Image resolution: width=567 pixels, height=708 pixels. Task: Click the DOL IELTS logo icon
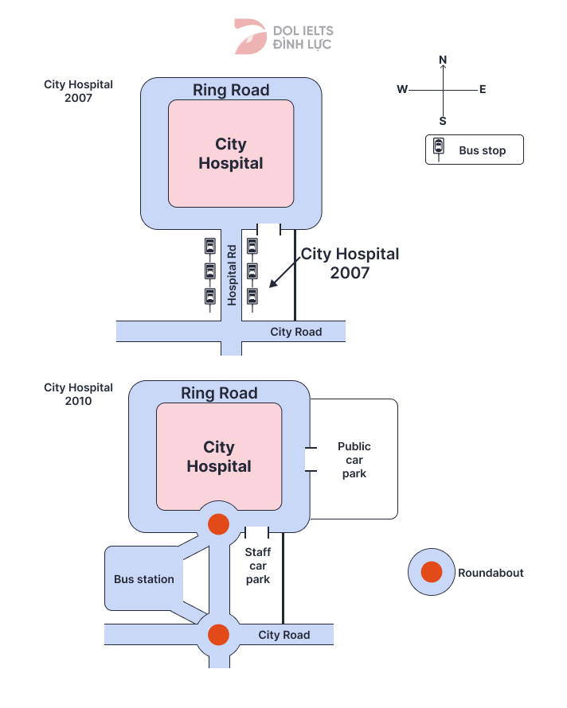pyautogui.click(x=250, y=37)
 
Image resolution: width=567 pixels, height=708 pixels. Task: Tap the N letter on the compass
pyautogui.click(x=444, y=60)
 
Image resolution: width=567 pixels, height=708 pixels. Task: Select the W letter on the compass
pyautogui.click(x=402, y=90)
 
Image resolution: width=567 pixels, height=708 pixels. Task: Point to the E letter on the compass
pyautogui.click(x=483, y=90)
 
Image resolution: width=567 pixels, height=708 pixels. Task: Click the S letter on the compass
pyautogui.click(x=444, y=121)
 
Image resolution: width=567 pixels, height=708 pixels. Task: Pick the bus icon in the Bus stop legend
pyautogui.click(x=439, y=147)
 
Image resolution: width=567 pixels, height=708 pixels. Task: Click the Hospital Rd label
pyautogui.click(x=233, y=274)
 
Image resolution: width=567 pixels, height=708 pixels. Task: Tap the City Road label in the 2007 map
pyautogui.click(x=296, y=332)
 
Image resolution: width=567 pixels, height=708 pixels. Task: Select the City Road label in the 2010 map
pyautogui.click(x=284, y=635)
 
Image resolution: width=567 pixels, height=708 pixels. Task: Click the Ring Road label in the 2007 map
pyautogui.click(x=231, y=90)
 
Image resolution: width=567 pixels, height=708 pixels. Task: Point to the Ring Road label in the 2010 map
pyautogui.click(x=219, y=393)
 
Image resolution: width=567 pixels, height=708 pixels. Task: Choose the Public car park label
pyautogui.click(x=354, y=460)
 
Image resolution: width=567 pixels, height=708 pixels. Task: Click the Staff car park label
pyautogui.click(x=257, y=566)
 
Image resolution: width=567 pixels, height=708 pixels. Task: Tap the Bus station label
pyautogui.click(x=144, y=579)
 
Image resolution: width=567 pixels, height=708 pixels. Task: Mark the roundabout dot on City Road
pyautogui.click(x=218, y=634)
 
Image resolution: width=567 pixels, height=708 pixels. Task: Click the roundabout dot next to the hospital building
pyautogui.click(x=218, y=524)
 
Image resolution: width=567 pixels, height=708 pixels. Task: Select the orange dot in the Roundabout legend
pyautogui.click(x=432, y=572)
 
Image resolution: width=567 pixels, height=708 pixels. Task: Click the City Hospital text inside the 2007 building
pyautogui.click(x=231, y=154)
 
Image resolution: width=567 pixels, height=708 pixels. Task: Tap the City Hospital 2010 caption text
pyautogui.click(x=78, y=394)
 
